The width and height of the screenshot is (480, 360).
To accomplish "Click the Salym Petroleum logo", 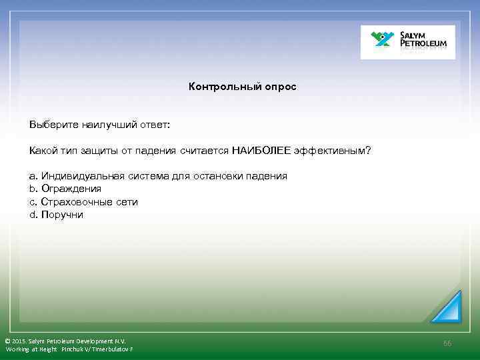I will [408, 42].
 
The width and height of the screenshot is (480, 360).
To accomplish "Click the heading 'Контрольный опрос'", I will [242, 87].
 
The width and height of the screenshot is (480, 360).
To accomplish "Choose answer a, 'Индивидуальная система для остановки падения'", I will [158, 176].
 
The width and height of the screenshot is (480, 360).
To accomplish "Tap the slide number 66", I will [447, 343].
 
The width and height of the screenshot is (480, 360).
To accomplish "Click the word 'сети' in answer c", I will [126, 201].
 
